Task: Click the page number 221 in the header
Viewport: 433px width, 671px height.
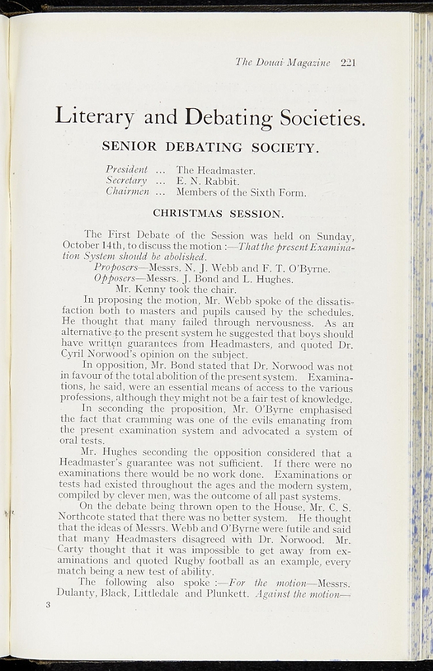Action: click(348, 63)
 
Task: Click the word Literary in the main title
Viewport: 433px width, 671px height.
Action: click(94, 116)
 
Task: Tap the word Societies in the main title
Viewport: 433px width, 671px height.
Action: click(321, 118)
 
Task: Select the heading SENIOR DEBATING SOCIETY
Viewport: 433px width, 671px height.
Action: click(210, 147)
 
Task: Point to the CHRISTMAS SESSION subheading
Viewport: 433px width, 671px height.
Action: click(218, 213)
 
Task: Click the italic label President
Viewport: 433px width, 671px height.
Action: click(127, 170)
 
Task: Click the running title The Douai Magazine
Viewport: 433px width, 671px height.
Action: click(283, 63)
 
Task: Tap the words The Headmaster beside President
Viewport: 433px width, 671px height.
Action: click(215, 170)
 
